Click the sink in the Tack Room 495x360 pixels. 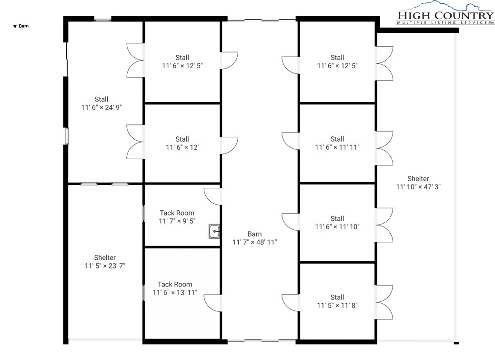click(x=214, y=231)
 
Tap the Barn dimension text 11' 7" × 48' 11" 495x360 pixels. click(x=255, y=242)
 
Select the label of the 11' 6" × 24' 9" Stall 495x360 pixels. click(x=101, y=103)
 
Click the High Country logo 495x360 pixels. click(x=445, y=13)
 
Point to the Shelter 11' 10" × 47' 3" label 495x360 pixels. click(x=418, y=183)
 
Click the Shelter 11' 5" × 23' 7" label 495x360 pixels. click(x=105, y=262)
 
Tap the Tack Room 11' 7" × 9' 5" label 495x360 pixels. click(x=177, y=217)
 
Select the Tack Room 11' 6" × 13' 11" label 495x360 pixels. click(x=175, y=288)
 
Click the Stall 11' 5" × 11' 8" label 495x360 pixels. click(x=337, y=301)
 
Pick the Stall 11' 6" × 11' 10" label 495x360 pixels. click(x=337, y=223)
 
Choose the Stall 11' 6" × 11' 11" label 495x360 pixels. click(x=337, y=143)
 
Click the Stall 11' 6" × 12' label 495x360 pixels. click(x=182, y=143)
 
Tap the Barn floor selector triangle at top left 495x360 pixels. click(x=14, y=27)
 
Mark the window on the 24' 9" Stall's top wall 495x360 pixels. click(x=102, y=21)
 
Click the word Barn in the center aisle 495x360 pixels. click(x=254, y=234)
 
